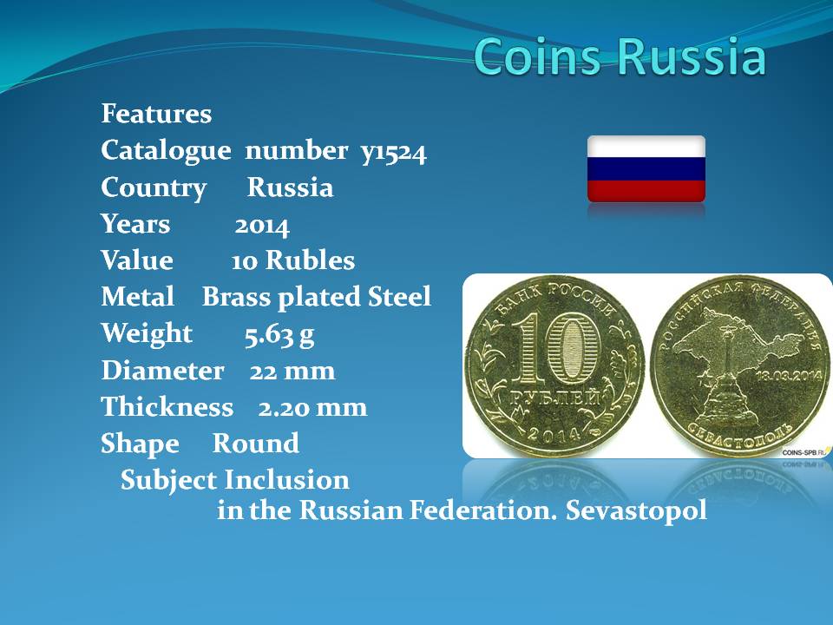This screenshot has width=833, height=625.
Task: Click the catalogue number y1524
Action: coord(394,152)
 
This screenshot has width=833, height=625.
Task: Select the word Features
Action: coord(156,113)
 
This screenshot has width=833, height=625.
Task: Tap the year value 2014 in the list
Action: coord(262,226)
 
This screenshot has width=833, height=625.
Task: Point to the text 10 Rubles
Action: coord(292,260)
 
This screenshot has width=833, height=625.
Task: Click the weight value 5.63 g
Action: coord(279,335)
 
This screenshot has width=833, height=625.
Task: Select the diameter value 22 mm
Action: coord(292,371)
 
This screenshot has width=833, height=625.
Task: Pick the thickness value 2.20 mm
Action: coord(312,408)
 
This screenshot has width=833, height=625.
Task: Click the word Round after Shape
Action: coord(255,444)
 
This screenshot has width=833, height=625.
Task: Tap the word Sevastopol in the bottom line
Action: coord(636,510)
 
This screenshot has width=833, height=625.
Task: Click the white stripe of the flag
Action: coord(646,147)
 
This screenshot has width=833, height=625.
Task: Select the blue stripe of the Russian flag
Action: coord(646,169)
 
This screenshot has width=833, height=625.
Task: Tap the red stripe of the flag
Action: coord(646,191)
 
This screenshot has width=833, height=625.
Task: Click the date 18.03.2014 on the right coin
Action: coord(789,375)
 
